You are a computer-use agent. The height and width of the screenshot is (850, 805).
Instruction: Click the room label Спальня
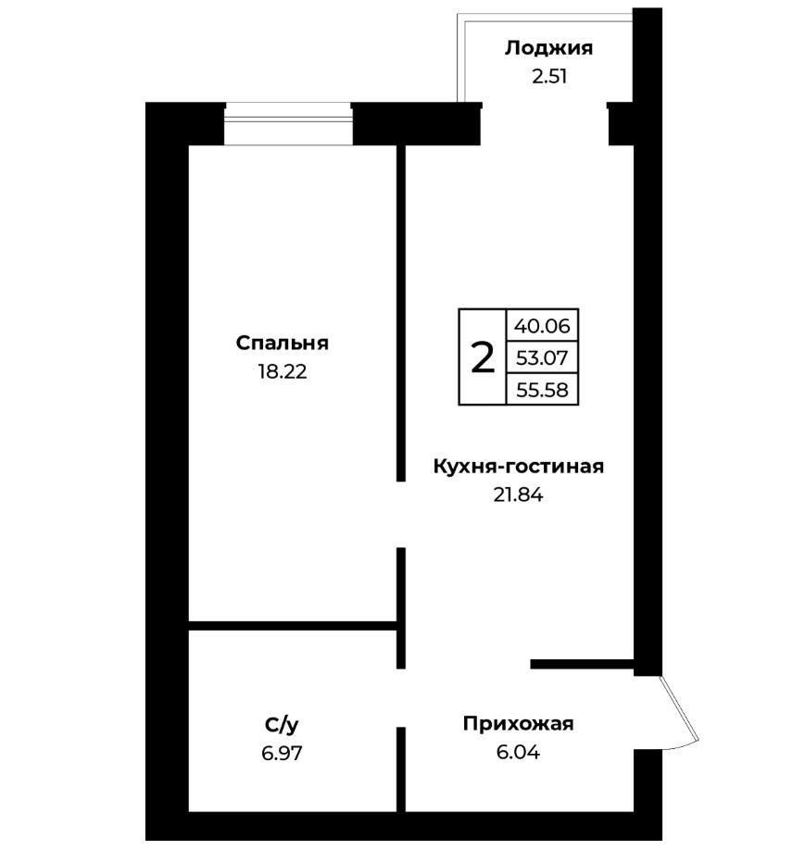pyautogui.click(x=283, y=344)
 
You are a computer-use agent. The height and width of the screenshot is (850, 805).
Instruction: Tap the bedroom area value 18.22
pyautogui.click(x=283, y=372)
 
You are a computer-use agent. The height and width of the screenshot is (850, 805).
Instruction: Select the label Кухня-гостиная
pyautogui.click(x=518, y=467)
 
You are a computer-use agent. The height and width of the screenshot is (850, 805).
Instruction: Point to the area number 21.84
pyautogui.click(x=518, y=495)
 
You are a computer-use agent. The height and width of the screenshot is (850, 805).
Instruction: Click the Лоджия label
pyautogui.click(x=548, y=48)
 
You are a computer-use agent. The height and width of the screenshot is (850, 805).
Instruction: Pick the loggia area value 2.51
pyautogui.click(x=549, y=77)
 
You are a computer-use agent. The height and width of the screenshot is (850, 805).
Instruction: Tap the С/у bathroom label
pyautogui.click(x=282, y=725)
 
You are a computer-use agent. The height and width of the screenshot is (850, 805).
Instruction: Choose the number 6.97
pyautogui.click(x=282, y=753)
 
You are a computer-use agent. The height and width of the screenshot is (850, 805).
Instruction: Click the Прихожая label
pyautogui.click(x=518, y=724)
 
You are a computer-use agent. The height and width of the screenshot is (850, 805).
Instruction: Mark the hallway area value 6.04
pyautogui.click(x=518, y=753)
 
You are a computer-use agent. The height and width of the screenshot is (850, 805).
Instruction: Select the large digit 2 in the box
pyautogui.click(x=483, y=357)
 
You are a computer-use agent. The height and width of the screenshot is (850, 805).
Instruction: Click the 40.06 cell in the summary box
pyautogui.click(x=542, y=326)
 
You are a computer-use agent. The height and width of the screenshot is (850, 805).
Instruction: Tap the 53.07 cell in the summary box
pyautogui.click(x=542, y=357)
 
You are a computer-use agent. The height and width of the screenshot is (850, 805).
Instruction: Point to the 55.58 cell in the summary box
pyautogui.click(x=542, y=390)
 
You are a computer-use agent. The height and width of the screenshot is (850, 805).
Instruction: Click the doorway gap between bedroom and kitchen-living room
pyautogui.click(x=401, y=515)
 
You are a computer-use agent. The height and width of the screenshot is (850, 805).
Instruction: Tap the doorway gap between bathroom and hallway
pyautogui.click(x=401, y=697)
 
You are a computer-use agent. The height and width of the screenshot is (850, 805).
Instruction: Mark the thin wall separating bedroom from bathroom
pyautogui.click(x=293, y=626)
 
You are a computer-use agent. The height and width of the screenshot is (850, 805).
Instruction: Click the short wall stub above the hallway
pyautogui.click(x=582, y=664)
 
